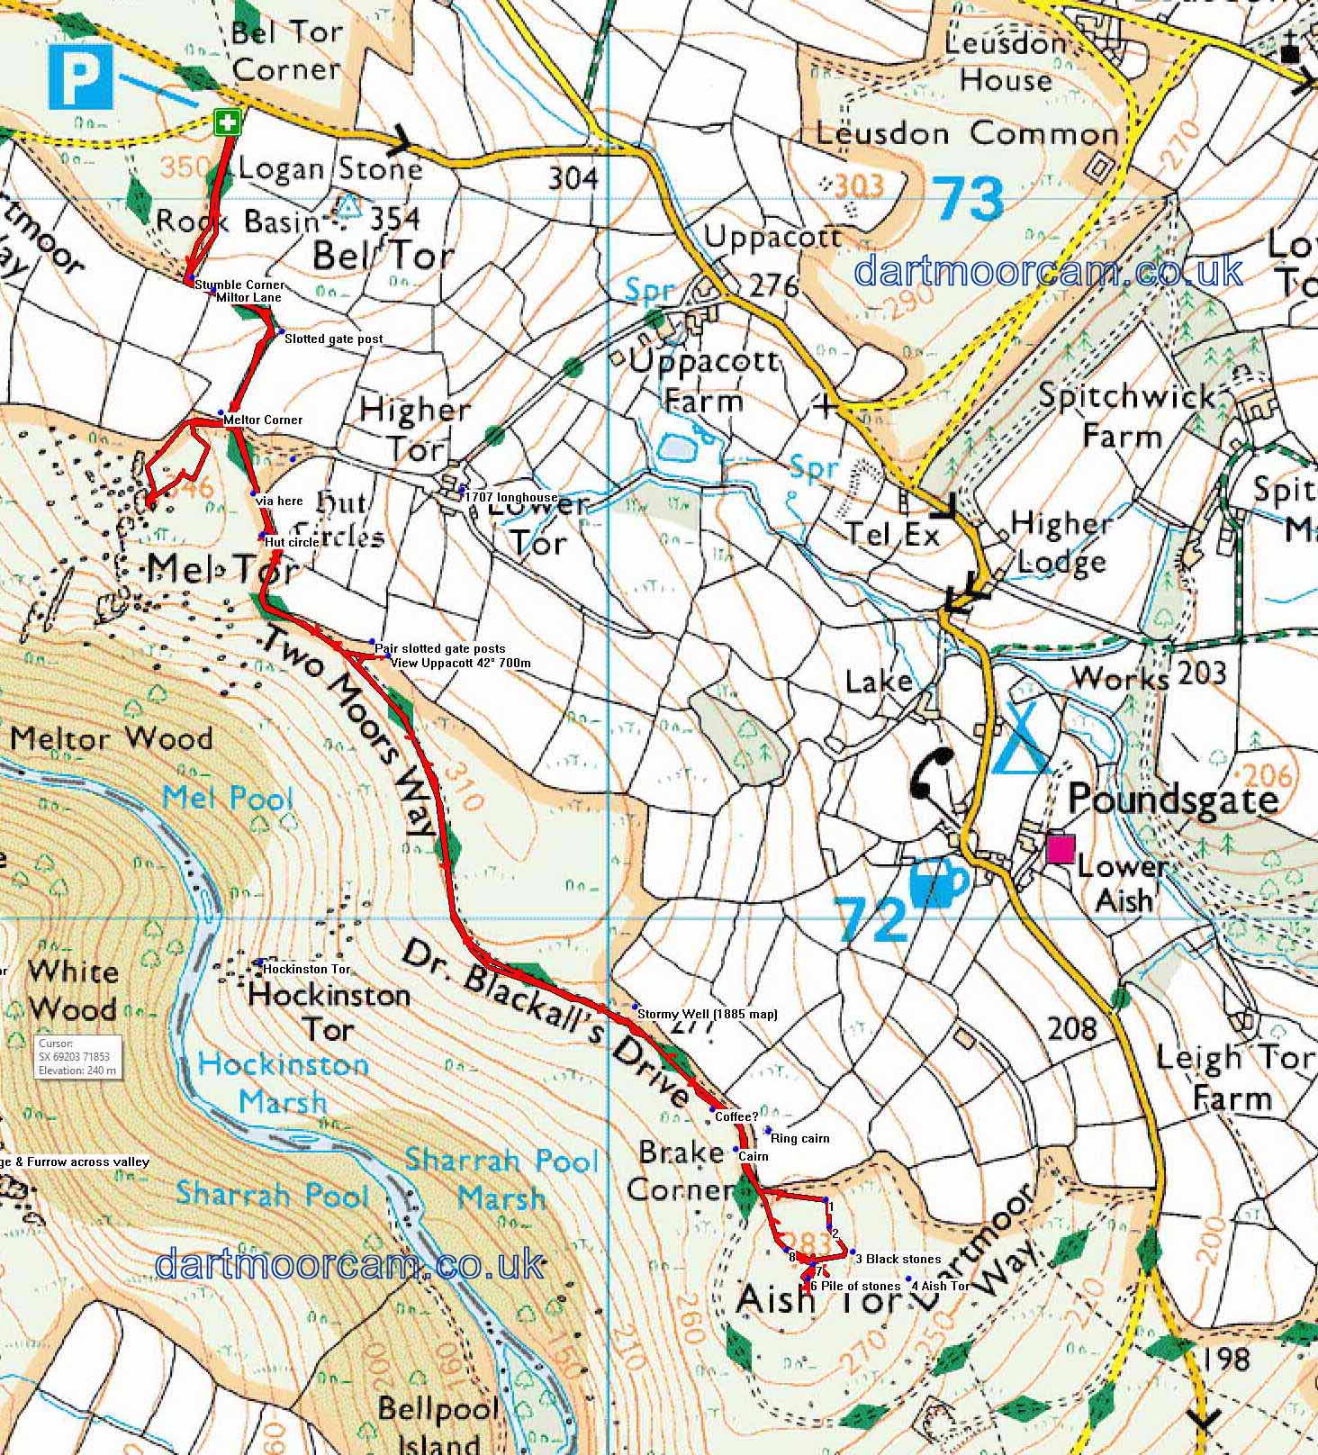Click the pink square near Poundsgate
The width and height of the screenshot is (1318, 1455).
pos(1061,850)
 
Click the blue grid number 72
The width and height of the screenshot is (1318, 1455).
pos(873,919)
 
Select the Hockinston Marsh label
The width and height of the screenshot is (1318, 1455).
pos(284,1082)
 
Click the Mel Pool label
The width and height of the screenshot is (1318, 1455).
pos(229,798)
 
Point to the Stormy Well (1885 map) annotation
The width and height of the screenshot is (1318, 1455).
pos(707,1014)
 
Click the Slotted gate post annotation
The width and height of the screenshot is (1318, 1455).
pos(333,339)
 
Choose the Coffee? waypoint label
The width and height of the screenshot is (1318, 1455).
pos(736,1116)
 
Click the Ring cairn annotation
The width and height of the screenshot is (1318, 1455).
pos(800,1138)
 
